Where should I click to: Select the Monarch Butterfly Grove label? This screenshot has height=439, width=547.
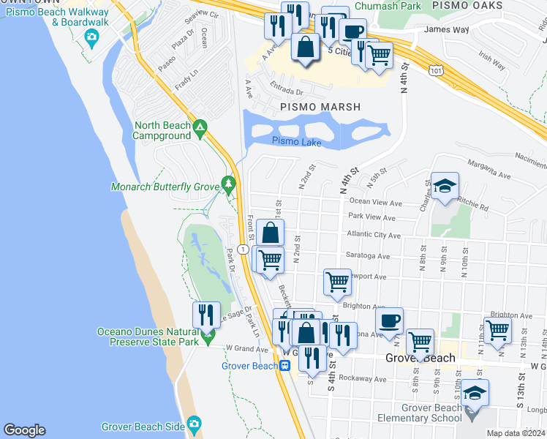coord(165,187)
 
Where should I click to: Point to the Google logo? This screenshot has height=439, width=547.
coord(24,430)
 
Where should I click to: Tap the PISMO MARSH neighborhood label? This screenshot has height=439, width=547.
coord(318,107)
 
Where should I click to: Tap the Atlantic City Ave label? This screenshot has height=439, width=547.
coord(374,236)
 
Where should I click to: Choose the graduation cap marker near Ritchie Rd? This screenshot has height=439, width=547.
coord(444,187)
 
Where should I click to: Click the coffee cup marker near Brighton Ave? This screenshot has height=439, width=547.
coord(389,320)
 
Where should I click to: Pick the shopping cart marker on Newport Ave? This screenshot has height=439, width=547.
coord(336,281)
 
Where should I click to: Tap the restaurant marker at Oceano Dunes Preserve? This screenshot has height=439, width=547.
coord(206,315)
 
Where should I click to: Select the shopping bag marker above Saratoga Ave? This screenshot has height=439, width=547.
coord(271,233)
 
